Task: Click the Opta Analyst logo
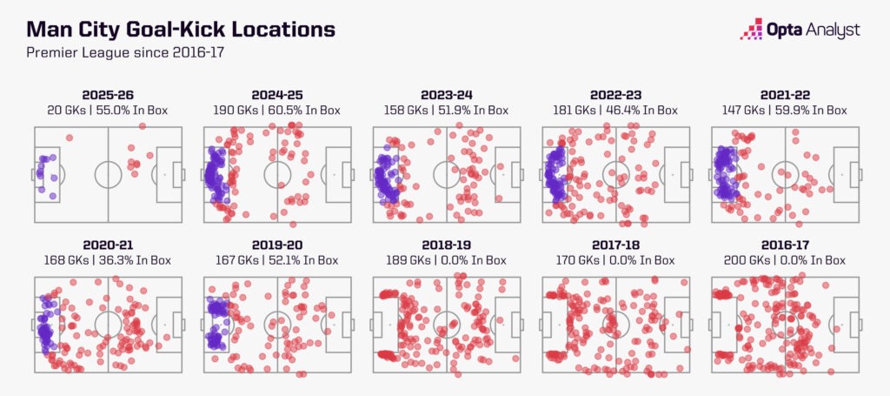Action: coord(800,30)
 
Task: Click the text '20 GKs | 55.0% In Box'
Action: coord(108,111)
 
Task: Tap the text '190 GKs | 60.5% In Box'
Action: coord(277,111)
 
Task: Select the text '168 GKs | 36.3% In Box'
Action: coord(108,260)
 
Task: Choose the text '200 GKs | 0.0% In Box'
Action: coord(785,260)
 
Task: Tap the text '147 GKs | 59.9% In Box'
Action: coord(785,111)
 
